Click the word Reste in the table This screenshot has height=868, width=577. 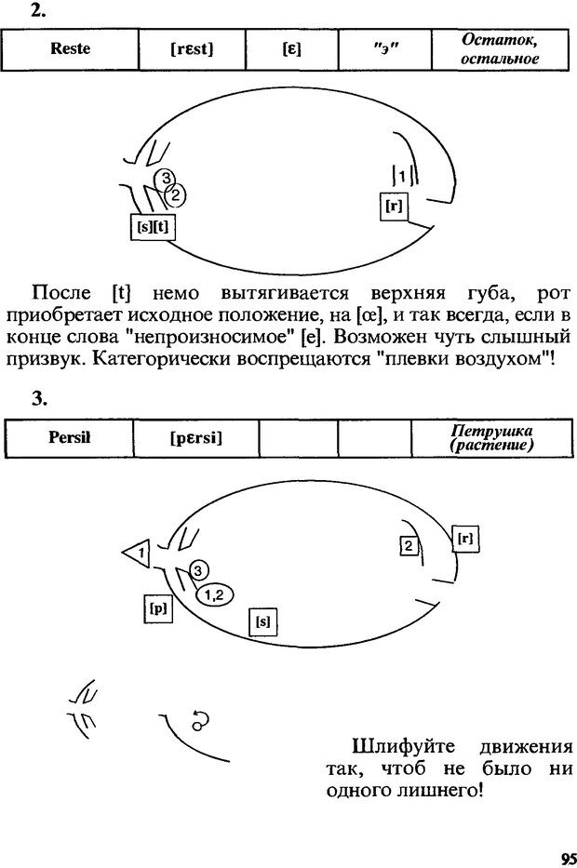pyautogui.click(x=70, y=49)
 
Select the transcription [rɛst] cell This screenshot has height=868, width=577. pyautogui.click(x=192, y=49)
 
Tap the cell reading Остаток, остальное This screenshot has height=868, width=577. pyautogui.click(x=501, y=49)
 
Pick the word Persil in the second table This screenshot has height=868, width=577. pyautogui.click(x=69, y=438)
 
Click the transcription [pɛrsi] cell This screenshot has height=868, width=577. pyautogui.click(x=195, y=438)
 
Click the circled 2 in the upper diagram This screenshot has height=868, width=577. pyautogui.click(x=175, y=194)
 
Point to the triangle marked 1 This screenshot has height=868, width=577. pyautogui.click(x=138, y=554)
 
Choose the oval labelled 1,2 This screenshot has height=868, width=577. pyautogui.click(x=213, y=593)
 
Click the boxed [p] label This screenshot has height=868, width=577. pyautogui.click(x=158, y=608)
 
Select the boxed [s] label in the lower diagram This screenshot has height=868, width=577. pyautogui.click(x=262, y=621)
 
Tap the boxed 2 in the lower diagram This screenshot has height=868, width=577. pyautogui.click(x=407, y=546)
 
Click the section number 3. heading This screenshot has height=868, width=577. pyautogui.click(x=37, y=398)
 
